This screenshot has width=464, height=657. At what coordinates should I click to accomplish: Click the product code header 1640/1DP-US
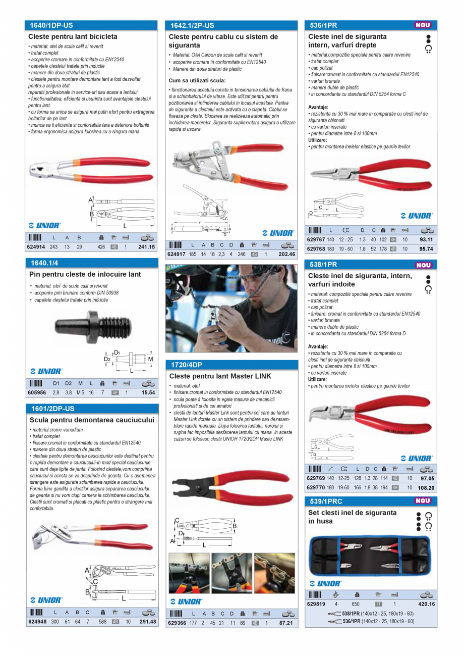click(x=51, y=25)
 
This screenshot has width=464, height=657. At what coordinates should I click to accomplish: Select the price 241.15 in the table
click(x=146, y=247)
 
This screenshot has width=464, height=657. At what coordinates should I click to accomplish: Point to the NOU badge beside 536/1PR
click(x=423, y=25)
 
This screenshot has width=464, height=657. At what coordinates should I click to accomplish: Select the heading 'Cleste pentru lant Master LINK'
click(x=220, y=376)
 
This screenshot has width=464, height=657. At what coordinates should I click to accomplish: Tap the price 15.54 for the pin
click(x=148, y=392)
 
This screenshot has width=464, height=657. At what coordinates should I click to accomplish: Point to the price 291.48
click(x=148, y=622)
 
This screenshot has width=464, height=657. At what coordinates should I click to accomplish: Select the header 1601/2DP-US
click(x=52, y=408)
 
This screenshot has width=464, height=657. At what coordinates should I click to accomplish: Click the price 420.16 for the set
click(x=426, y=604)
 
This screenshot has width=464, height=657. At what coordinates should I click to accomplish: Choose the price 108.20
click(x=426, y=488)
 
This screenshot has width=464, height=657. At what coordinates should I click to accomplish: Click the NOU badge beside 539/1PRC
click(x=423, y=501)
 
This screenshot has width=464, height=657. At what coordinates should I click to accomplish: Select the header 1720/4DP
click(x=187, y=364)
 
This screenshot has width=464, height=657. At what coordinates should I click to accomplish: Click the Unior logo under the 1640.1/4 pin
click(x=46, y=371)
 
